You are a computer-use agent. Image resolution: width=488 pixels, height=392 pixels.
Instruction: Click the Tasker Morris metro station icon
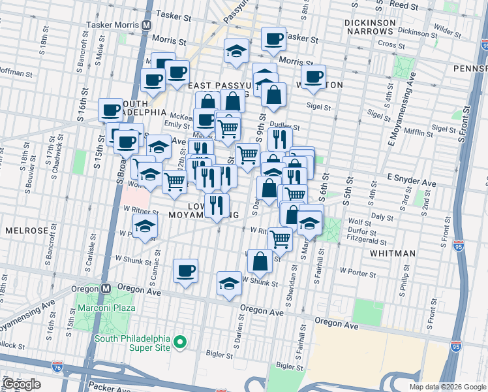pyautogui.click(x=147, y=24)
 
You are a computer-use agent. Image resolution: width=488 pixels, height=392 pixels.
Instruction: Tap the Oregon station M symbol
pyautogui.click(x=106, y=289)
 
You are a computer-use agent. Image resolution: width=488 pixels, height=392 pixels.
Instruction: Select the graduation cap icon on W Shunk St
pyautogui.click(x=228, y=284)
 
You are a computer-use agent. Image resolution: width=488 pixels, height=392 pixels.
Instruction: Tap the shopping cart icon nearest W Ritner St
pyautogui.click(x=280, y=238)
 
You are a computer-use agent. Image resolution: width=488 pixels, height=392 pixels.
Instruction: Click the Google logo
pyautogui.click(x=22, y=384)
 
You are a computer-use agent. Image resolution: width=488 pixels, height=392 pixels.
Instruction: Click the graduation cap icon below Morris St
pyautogui.click(x=236, y=52)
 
